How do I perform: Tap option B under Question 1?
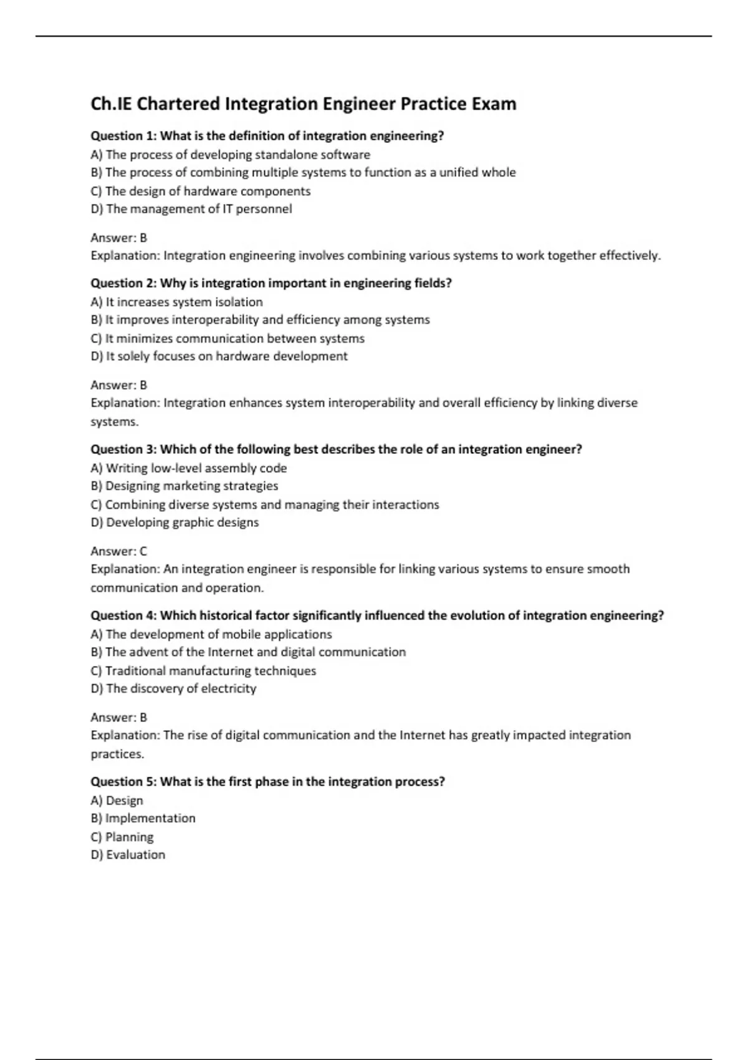tap(303, 173)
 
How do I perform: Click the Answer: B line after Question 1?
tap(118, 238)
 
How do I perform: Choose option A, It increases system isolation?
tap(176, 302)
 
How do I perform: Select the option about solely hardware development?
tap(219, 357)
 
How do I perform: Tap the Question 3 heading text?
tap(336, 450)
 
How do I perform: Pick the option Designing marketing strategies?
tap(185, 486)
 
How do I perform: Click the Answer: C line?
tap(118, 551)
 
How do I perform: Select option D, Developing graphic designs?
tap(175, 523)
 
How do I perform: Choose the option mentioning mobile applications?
tap(211, 635)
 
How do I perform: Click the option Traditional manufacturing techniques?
tap(203, 671)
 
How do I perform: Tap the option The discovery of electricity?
tap(173, 689)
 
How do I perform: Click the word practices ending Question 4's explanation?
tap(117, 754)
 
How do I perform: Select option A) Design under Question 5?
tap(117, 801)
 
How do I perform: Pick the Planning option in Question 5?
tap(122, 837)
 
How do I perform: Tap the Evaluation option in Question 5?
tap(128, 855)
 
